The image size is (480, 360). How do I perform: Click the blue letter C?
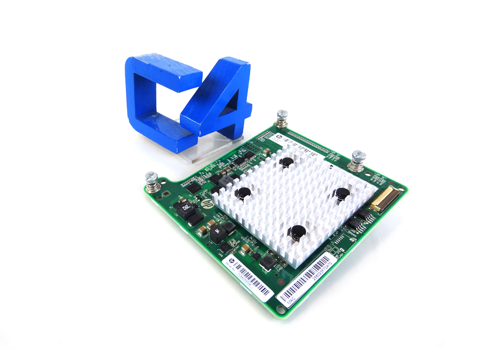click(155, 96)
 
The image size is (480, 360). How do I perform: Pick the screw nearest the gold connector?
click(358, 160)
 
